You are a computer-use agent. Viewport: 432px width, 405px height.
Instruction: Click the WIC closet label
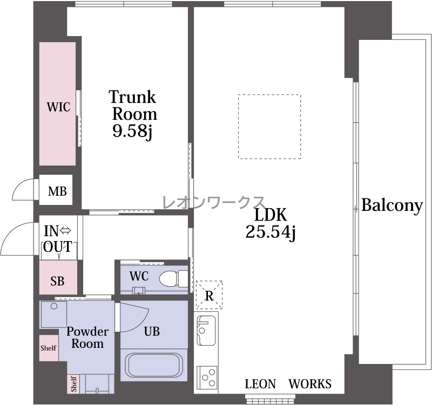[58, 107]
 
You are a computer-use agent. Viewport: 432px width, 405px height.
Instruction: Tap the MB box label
[57, 191]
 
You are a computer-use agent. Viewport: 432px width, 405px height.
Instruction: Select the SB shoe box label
[57, 281]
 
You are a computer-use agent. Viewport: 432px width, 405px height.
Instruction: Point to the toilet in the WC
[173, 279]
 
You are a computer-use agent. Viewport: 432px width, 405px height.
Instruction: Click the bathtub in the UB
[154, 365]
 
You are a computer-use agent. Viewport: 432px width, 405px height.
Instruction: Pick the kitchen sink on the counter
[206, 331]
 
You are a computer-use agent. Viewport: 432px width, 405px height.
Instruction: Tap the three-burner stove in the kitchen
[207, 377]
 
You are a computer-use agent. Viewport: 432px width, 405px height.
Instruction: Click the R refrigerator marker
[209, 295]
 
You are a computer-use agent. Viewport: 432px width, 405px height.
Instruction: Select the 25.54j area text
[271, 232]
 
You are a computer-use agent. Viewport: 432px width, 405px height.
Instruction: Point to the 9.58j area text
[132, 131]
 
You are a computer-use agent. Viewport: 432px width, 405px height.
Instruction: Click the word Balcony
[392, 205]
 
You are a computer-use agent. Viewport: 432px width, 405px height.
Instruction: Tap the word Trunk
[132, 97]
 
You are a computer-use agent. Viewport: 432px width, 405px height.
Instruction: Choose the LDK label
[271, 215]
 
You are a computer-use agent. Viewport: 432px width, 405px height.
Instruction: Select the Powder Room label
[87, 338]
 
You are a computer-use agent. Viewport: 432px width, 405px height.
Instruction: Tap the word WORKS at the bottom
[309, 384]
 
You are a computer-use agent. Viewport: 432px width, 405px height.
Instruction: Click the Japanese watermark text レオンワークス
[214, 202]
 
